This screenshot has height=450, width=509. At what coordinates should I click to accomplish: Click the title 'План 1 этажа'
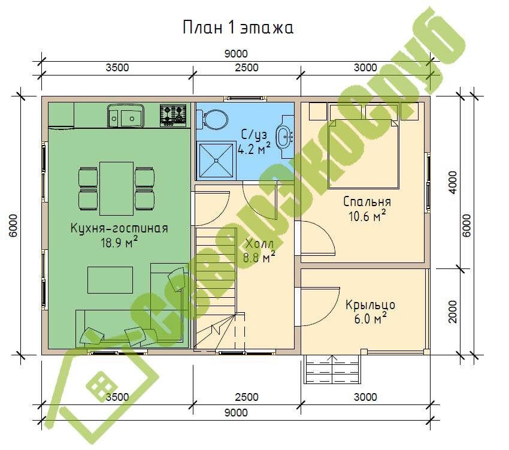(238, 28)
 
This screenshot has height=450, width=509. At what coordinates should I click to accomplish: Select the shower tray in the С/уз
(216, 160)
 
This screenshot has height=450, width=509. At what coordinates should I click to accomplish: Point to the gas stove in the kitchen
(173, 115)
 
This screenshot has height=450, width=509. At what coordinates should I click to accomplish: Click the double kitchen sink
(126, 116)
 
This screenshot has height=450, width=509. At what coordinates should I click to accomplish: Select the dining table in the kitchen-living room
(116, 188)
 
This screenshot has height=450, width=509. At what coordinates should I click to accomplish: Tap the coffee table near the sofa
(110, 280)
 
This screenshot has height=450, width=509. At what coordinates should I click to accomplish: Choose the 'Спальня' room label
(367, 202)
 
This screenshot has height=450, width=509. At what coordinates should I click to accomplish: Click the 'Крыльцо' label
(370, 305)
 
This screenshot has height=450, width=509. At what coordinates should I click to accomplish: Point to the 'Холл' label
(259, 244)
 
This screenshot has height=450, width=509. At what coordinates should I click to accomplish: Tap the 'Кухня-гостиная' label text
(119, 228)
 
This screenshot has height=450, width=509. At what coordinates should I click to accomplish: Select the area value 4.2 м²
(254, 149)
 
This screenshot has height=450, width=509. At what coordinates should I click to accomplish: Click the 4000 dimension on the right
(452, 183)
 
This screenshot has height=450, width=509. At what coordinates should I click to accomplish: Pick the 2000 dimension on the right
(452, 312)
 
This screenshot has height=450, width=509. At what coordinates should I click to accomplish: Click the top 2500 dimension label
(247, 68)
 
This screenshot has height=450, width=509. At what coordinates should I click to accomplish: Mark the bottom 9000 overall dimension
(236, 413)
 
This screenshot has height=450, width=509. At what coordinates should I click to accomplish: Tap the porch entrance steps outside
(332, 369)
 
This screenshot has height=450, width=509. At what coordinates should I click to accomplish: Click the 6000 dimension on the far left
(13, 225)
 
